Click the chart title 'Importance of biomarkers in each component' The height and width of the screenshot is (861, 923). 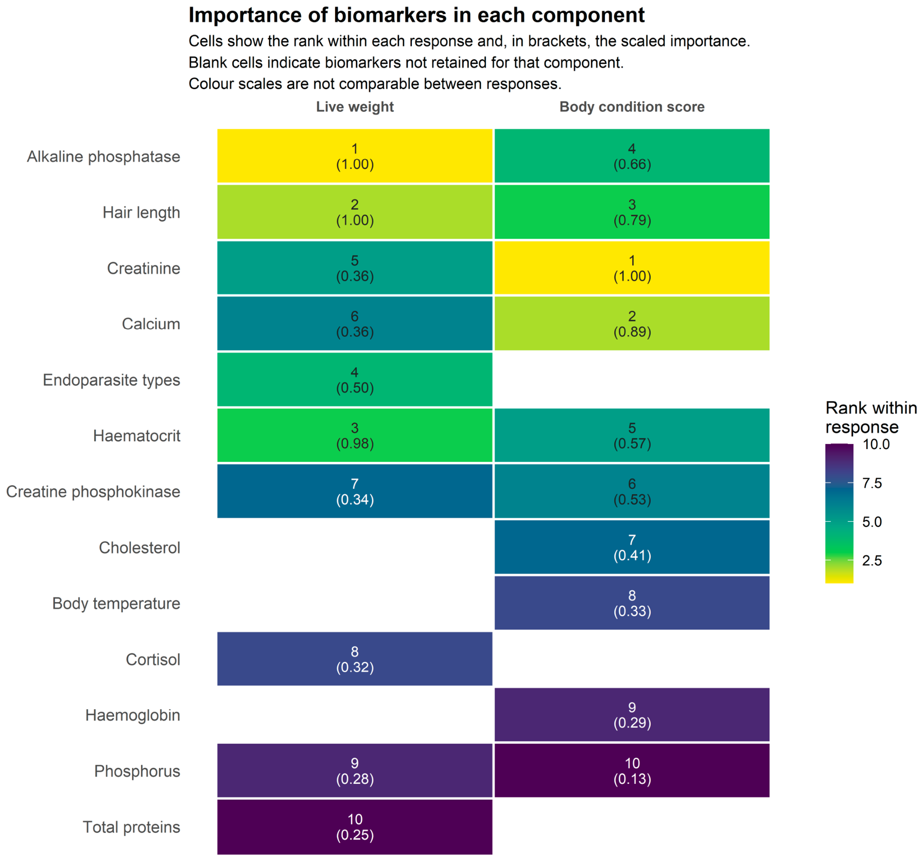coord(416,15)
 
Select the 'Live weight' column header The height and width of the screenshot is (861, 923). coord(355,107)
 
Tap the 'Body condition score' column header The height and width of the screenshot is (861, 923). coord(632,107)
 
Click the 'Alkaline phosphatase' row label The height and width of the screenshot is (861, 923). coord(103,157)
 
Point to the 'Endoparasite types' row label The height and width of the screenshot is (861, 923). coord(111,380)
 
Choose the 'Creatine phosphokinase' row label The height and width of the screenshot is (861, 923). coord(93,492)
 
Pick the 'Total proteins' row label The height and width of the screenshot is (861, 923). coord(131,827)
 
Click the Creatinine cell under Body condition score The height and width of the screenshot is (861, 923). coord(632,268)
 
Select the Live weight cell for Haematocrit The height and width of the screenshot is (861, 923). coord(355,435)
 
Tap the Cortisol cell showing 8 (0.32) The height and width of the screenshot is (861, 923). coord(355,659)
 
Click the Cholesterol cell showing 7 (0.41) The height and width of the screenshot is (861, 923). coord(632,547)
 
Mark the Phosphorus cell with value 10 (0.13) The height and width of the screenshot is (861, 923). coord(632,770)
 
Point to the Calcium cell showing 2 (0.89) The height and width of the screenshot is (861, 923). coord(632,323)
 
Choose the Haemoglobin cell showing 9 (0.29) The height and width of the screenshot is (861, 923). coord(632,715)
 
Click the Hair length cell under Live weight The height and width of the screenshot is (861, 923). coord(355,212)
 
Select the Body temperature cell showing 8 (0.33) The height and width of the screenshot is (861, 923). coord(632,602)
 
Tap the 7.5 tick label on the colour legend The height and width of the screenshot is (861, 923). coord(872,483)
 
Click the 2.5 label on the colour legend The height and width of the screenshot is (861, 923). coord(872,560)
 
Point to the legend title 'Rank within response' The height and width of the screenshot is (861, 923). coord(871,417)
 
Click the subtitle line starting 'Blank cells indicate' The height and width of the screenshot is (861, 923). coord(406,62)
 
